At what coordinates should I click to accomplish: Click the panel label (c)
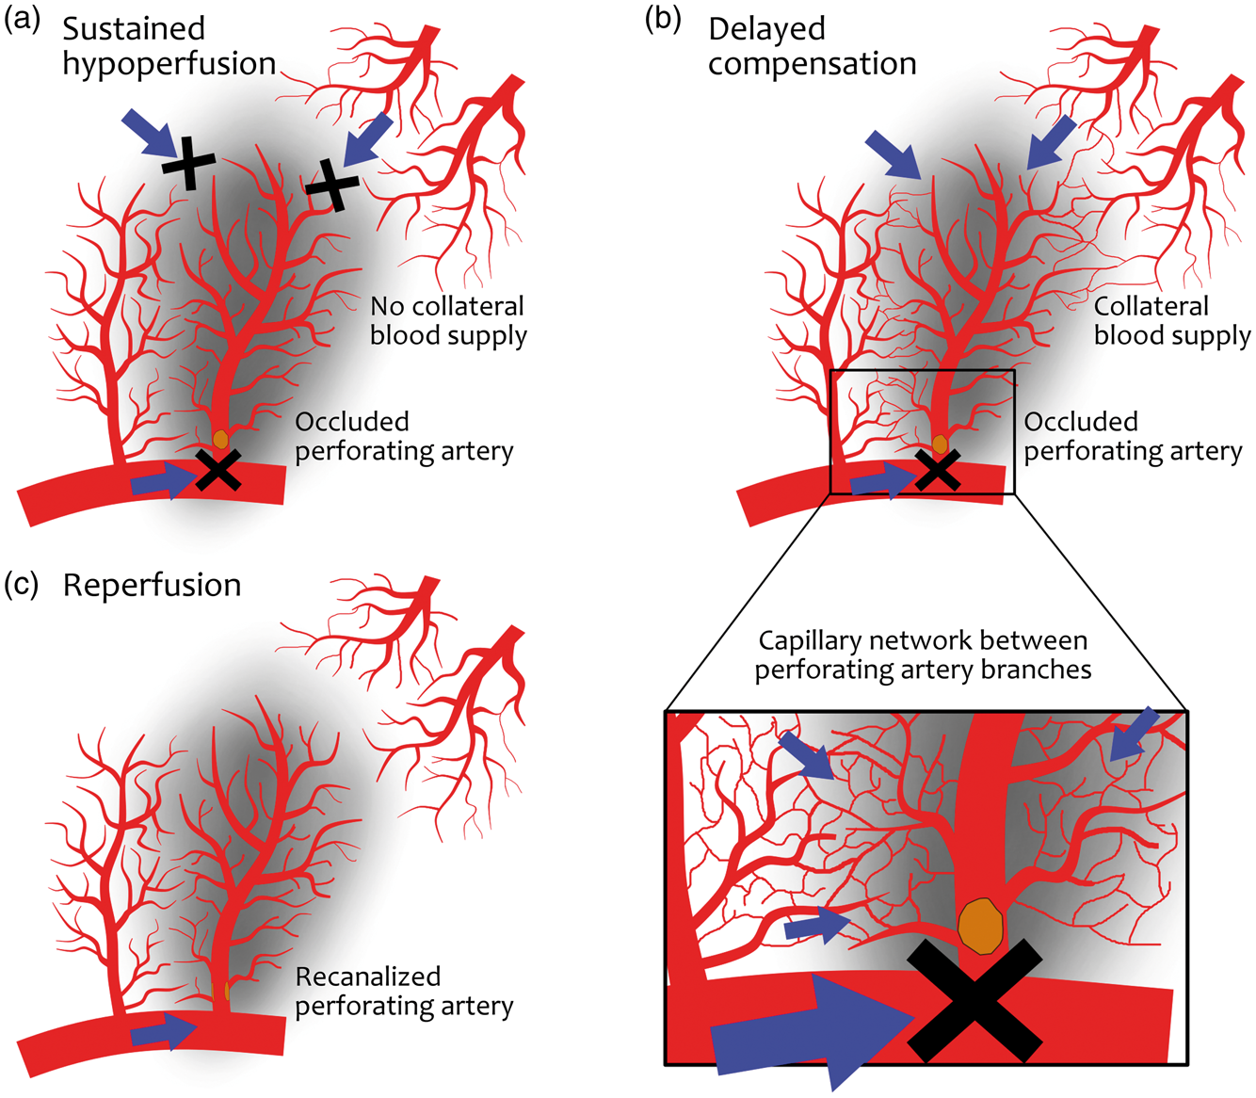tap(22, 584)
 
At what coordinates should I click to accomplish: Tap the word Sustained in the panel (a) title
tap(134, 28)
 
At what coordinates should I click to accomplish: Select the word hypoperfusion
tap(169, 64)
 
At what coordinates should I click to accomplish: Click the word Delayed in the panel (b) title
tap(766, 29)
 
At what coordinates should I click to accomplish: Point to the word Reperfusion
tap(153, 585)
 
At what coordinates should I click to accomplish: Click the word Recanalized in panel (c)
tap(368, 976)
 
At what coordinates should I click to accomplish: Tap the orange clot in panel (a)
tap(220, 439)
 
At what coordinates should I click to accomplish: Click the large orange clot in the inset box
tap(980, 927)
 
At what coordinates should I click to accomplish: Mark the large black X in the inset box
tap(974, 1001)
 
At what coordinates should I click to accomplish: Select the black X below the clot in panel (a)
tap(218, 470)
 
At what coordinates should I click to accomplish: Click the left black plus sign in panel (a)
tap(189, 163)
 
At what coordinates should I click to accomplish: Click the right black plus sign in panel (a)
tap(332, 185)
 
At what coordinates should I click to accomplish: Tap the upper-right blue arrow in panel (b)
tap(1051, 142)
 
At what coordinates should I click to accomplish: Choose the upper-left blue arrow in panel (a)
tap(151, 134)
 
